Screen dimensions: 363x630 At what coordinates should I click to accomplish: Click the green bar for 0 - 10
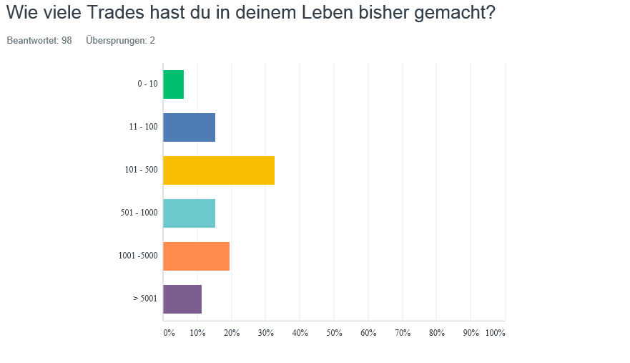point(174,84)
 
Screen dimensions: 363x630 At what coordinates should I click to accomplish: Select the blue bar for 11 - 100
point(190,127)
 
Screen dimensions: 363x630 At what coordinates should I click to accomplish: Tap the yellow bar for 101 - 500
point(219,170)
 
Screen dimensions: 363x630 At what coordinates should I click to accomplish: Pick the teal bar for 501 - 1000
point(190,213)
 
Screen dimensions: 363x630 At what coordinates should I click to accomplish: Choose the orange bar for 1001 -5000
point(197,256)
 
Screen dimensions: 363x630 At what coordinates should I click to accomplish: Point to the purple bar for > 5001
point(182,299)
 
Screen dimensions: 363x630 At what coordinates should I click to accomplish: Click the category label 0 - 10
point(147,84)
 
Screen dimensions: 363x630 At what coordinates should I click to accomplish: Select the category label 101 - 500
point(141,170)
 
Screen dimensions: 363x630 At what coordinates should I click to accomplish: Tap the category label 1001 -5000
point(138,256)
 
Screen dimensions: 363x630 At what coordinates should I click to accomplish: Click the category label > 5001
point(145,299)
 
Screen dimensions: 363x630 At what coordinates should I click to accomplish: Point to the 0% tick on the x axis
point(169,333)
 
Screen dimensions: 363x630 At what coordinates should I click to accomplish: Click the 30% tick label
point(265,333)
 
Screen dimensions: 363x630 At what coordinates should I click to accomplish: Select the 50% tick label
point(334,333)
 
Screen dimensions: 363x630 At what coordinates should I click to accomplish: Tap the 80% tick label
point(436,333)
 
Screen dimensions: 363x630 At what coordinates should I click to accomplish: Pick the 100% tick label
point(495,333)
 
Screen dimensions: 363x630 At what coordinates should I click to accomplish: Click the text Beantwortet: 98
point(39,41)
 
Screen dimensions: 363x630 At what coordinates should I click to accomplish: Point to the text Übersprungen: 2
point(120,41)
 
